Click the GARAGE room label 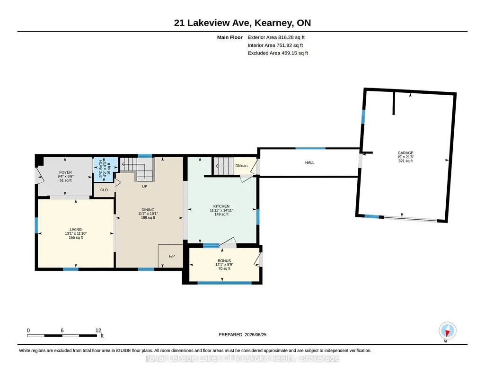406,153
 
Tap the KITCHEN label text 221,206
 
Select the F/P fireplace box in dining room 170,256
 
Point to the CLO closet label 104,190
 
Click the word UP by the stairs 144,187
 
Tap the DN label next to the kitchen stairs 238,166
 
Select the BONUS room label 224,261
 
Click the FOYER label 66,172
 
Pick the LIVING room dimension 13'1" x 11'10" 76,233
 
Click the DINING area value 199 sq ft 148,217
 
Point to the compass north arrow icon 447,331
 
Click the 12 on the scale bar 98,330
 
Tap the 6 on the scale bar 62,330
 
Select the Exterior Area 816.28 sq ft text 276,37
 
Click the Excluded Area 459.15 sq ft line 278,53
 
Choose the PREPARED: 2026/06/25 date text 242,334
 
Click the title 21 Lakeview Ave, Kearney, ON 242,23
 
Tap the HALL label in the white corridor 309,163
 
